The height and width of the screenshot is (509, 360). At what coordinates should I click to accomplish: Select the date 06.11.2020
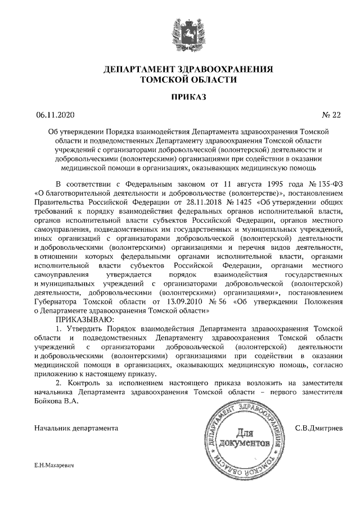pos(55,115)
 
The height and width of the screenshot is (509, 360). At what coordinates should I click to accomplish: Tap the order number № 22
pos(331,115)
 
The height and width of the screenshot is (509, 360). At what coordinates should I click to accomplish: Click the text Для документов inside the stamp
pos(245,438)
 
